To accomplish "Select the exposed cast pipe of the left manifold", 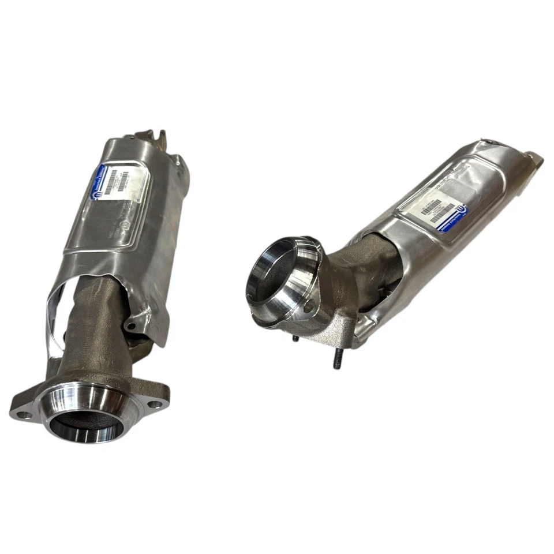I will tap(92, 329).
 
